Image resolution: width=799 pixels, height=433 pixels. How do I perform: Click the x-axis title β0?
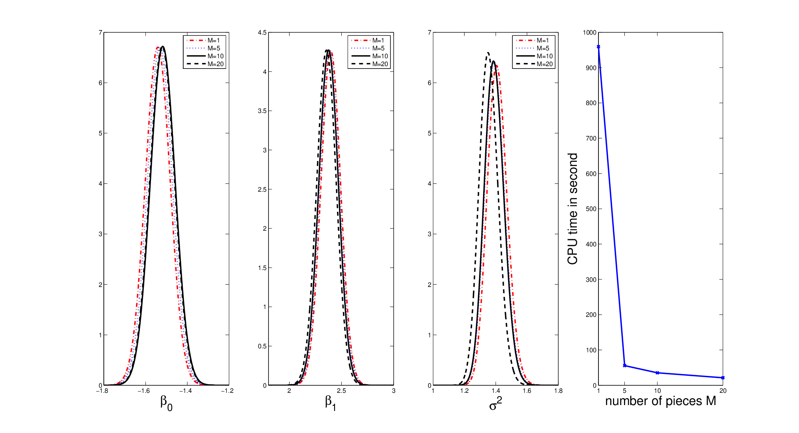pyautogui.click(x=166, y=403)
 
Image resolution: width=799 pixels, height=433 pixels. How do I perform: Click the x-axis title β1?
pyautogui.click(x=331, y=403)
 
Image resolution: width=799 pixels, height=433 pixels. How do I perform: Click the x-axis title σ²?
pyautogui.click(x=495, y=403)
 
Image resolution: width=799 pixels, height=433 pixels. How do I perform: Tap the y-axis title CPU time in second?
pyautogui.click(x=573, y=209)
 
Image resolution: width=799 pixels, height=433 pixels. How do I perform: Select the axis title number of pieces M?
pyautogui.click(x=661, y=401)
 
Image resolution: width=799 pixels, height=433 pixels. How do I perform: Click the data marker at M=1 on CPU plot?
pyautogui.click(x=598, y=47)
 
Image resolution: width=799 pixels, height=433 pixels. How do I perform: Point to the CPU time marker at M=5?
pyautogui.click(x=625, y=366)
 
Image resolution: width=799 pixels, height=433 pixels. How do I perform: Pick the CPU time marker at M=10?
pyautogui.click(x=657, y=373)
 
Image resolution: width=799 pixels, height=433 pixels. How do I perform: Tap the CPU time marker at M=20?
pyautogui.click(x=723, y=378)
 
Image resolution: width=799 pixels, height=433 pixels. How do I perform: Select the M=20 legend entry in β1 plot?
pyautogui.click(x=370, y=64)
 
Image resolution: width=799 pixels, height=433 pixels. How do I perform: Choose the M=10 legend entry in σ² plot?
pyautogui.click(x=534, y=56)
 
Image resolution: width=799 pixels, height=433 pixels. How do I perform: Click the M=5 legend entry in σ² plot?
pyautogui.click(x=533, y=48)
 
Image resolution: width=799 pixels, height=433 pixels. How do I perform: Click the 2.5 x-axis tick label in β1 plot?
pyautogui.click(x=341, y=391)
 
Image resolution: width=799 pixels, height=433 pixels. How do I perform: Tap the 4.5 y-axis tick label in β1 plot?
pyautogui.click(x=262, y=33)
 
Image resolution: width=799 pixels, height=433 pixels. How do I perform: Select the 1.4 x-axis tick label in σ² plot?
pyautogui.click(x=496, y=391)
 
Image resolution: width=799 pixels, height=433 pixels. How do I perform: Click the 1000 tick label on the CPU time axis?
pyautogui.click(x=590, y=33)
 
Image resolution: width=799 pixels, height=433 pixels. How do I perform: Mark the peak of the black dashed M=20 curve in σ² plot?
pyautogui.click(x=488, y=53)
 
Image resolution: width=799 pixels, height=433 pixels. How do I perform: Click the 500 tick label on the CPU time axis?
pyautogui.click(x=591, y=209)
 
